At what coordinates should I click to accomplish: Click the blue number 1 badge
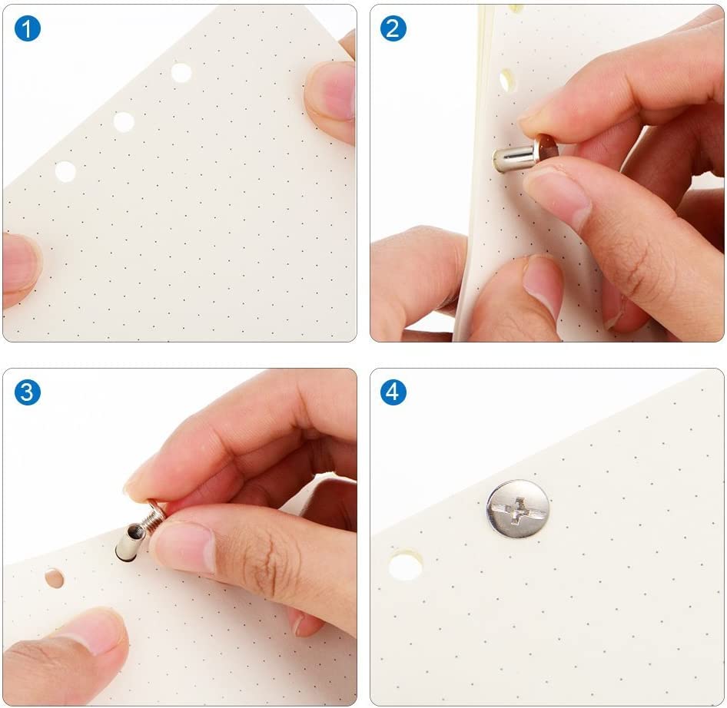click(28, 28)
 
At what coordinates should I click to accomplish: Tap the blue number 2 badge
click(393, 28)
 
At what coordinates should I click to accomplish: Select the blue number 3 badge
click(28, 392)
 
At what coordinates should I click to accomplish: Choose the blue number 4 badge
click(393, 392)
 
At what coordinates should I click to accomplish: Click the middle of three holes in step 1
click(124, 122)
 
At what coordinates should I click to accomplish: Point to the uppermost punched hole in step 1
click(181, 73)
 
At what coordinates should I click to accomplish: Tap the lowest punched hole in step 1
click(65, 171)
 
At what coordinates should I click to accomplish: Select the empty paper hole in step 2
click(506, 81)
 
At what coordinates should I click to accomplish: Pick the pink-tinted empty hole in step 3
click(55, 577)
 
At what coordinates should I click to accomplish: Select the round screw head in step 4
click(518, 509)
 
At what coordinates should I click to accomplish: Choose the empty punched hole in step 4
click(405, 565)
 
